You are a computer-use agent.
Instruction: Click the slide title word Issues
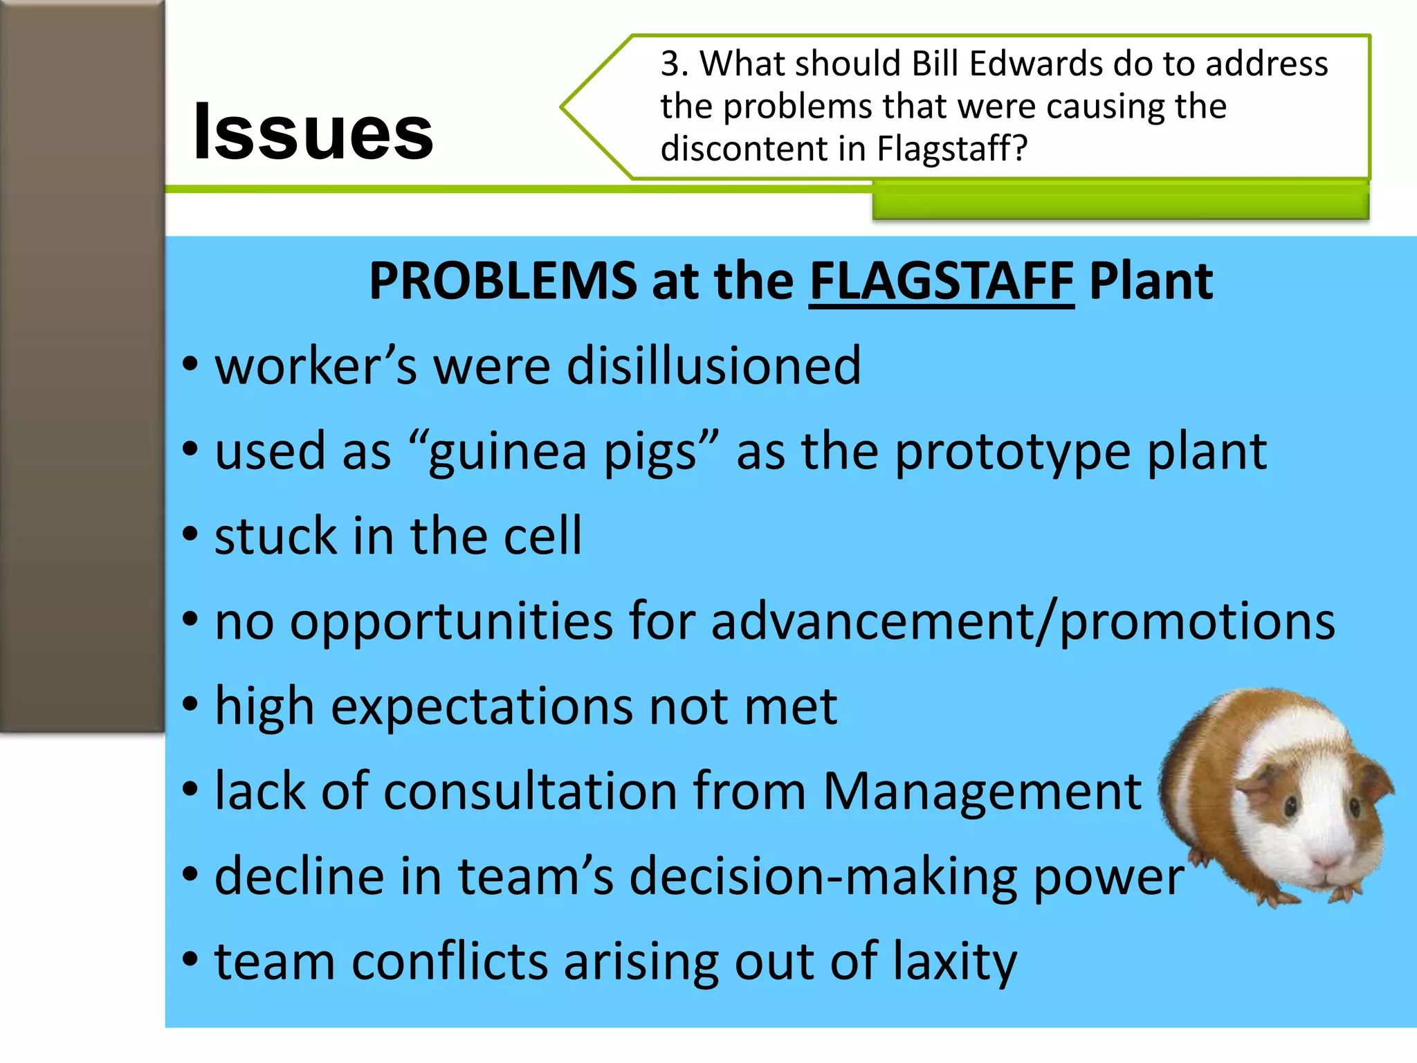point(313,131)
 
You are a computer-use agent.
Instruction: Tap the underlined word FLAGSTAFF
point(941,281)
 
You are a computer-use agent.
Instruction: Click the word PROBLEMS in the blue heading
point(503,281)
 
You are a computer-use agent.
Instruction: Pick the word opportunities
point(451,622)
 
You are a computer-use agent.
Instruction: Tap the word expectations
point(482,707)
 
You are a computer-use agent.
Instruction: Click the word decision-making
point(823,878)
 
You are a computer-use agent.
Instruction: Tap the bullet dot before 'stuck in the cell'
point(190,534)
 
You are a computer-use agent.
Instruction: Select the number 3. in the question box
point(675,64)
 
